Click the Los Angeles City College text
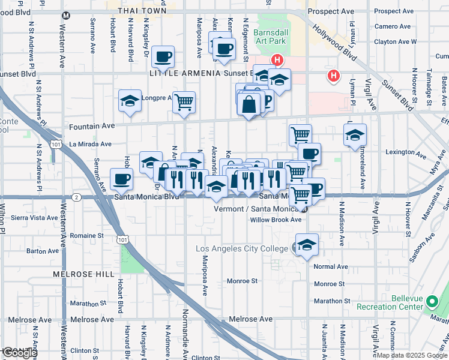pos(243,248)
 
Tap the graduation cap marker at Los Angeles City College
pos(307,245)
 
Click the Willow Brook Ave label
pos(276,220)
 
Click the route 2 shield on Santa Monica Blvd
pos(76,197)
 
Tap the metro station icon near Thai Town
pos(65,15)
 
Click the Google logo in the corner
pos(19,353)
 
